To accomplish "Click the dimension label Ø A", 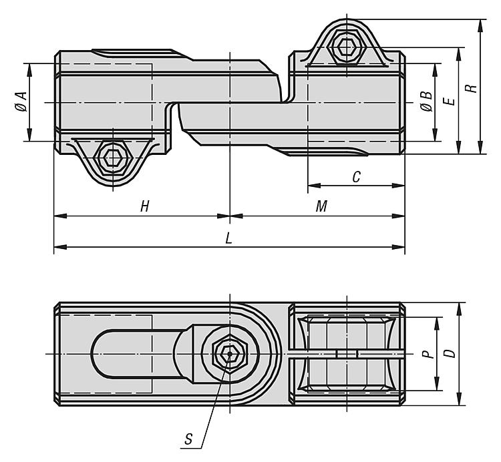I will coord(21,102).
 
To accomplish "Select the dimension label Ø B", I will coord(426,102).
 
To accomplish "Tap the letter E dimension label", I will coord(449,101).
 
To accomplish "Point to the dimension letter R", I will coord(472,87).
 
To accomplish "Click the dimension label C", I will coord(356,177).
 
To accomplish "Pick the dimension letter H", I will coord(144,207).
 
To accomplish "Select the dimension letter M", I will coord(321,207).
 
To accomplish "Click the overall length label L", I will coord(229,238).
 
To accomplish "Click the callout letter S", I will coord(190,439).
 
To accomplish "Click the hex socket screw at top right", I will coord(346,46).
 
